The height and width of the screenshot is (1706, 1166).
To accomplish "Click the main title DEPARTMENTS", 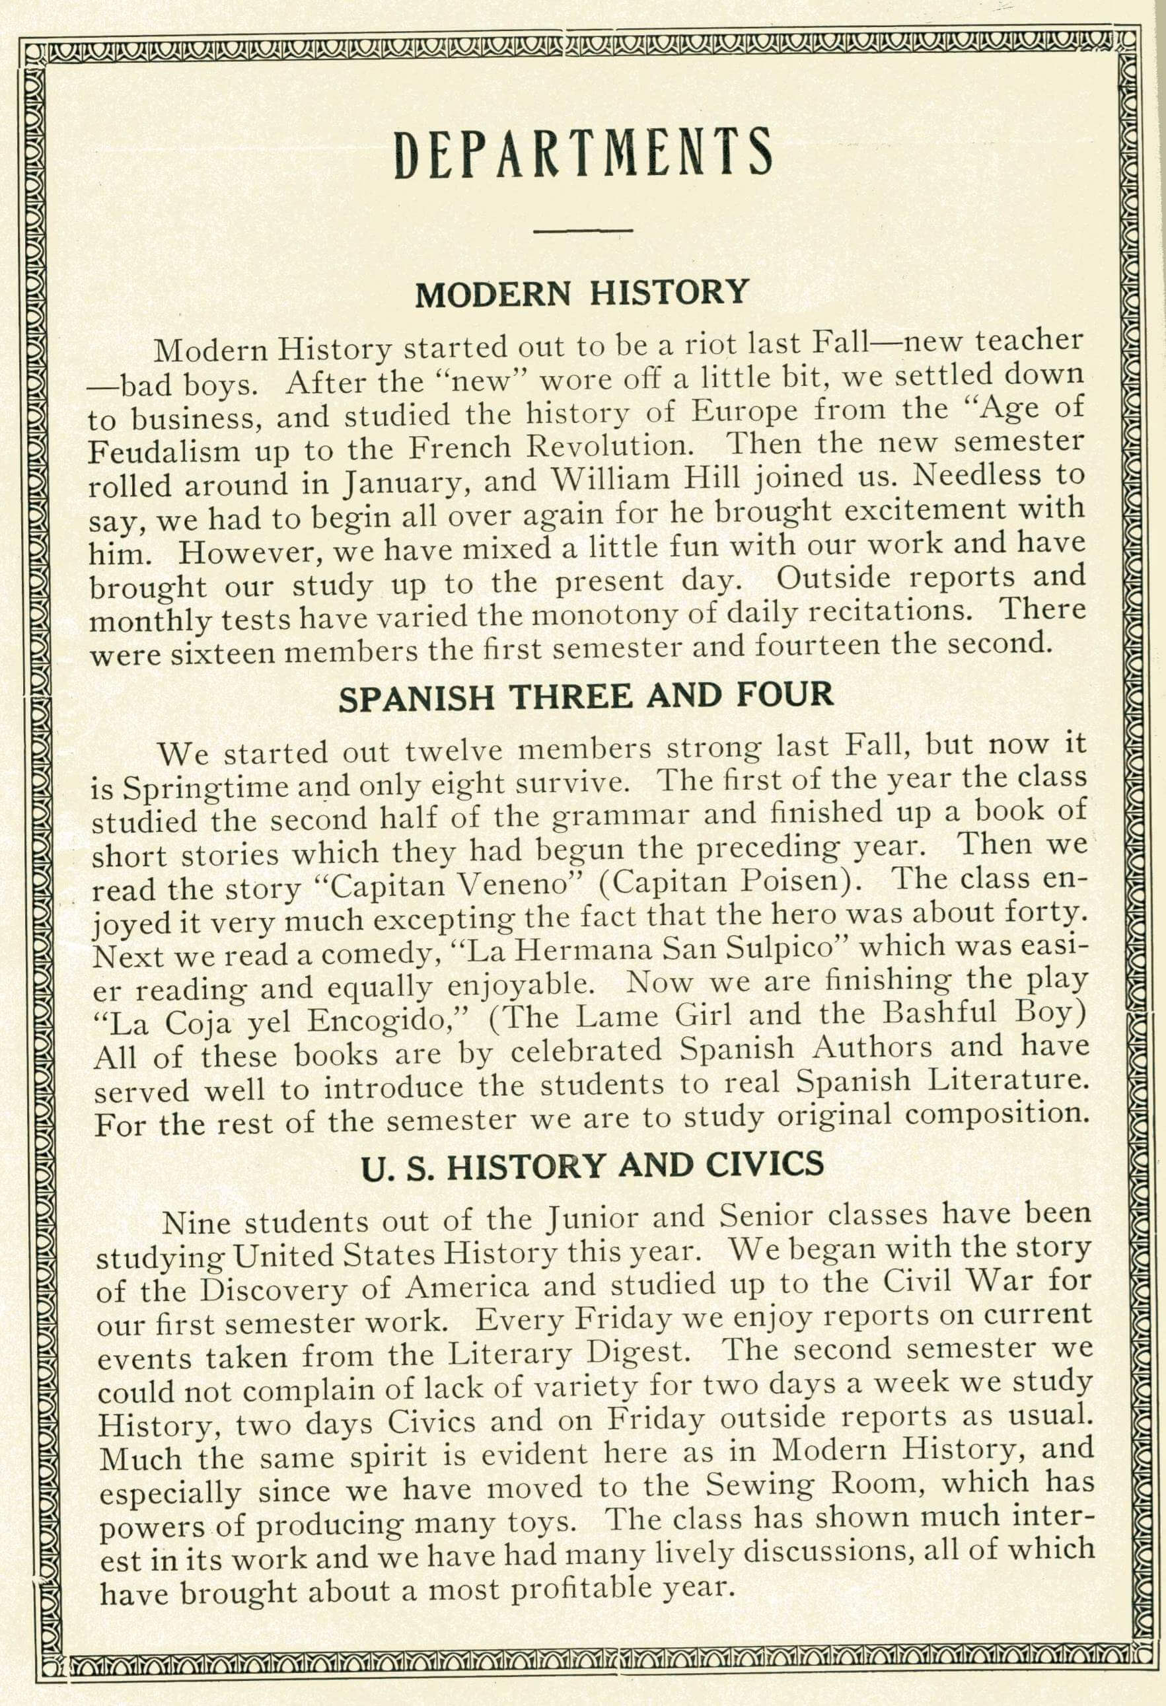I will (583, 153).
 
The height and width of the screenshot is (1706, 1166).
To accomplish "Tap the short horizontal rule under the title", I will (583, 232).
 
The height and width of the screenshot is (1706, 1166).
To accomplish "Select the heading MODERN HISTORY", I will (581, 293).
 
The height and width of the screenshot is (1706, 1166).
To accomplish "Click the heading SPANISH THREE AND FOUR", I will (585, 696).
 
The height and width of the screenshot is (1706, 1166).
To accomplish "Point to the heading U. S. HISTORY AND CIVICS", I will (593, 1166).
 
